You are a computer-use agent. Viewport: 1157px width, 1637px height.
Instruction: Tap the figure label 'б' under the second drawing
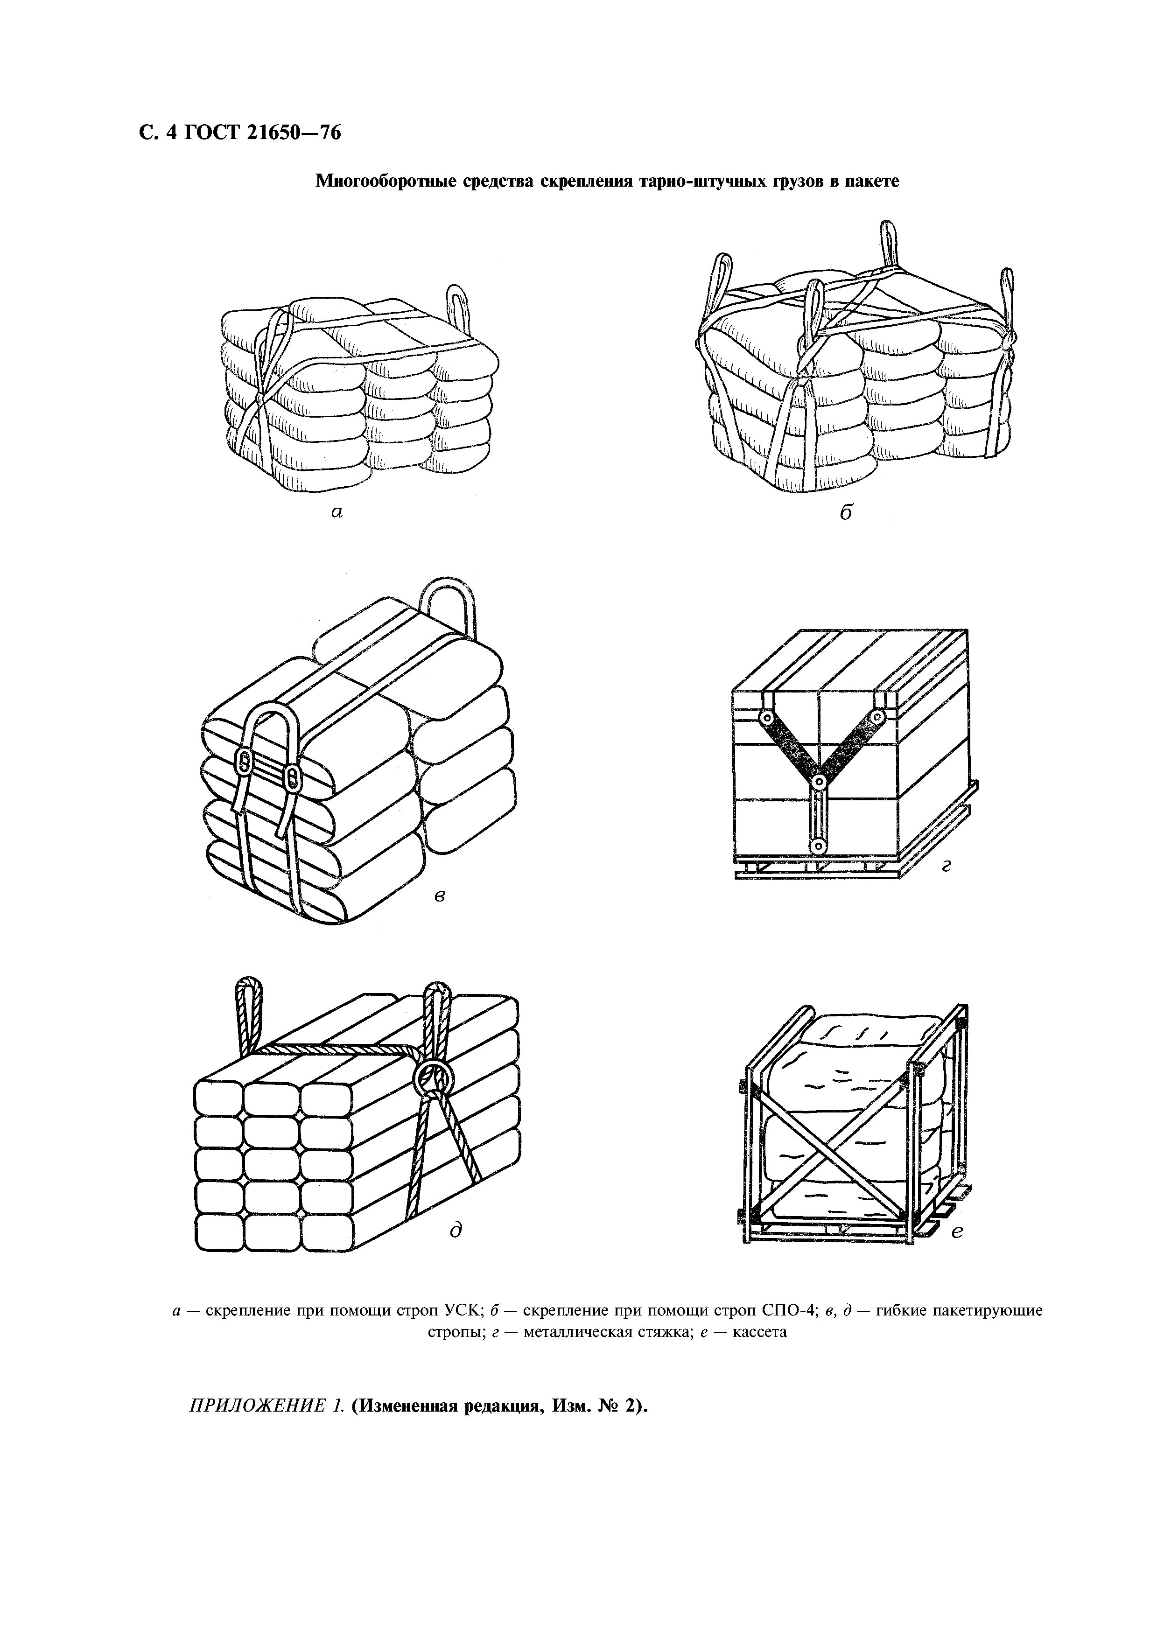[846, 511]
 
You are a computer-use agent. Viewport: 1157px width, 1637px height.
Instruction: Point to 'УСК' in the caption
[465, 1310]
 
